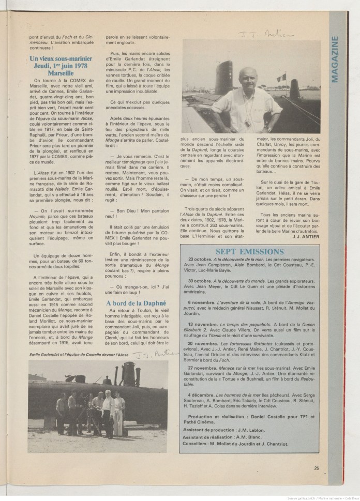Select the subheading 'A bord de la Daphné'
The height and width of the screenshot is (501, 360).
pyautogui.click(x=136, y=303)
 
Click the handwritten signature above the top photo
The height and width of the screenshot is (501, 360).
pyautogui.click(x=265, y=34)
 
